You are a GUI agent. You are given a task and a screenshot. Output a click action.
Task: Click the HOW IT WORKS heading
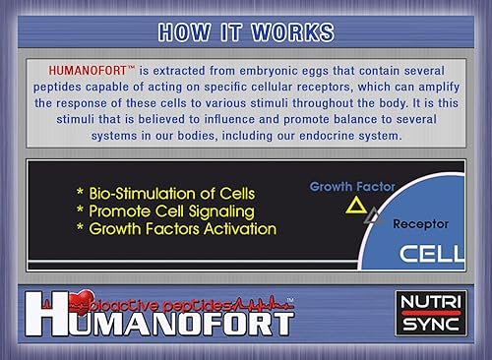pyautogui.click(x=245, y=32)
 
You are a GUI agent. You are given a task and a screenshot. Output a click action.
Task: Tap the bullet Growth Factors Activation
pyautogui.click(x=176, y=228)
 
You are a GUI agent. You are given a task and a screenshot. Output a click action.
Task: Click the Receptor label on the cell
pyautogui.click(x=420, y=223)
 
